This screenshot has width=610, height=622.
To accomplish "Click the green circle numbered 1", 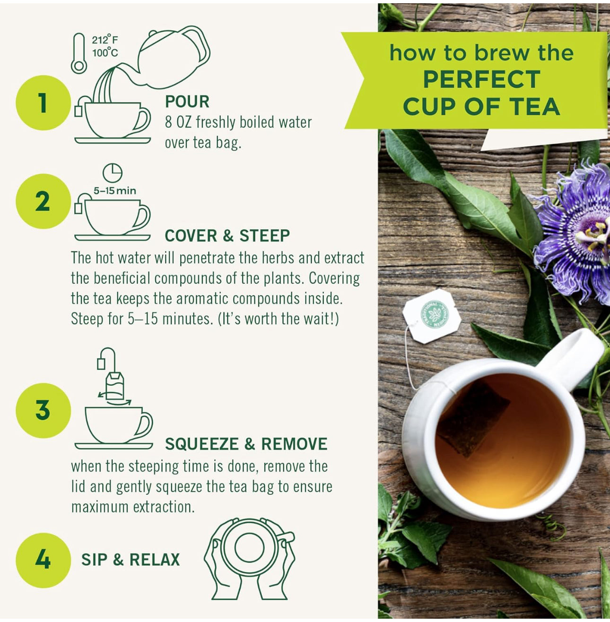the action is [x=43, y=103].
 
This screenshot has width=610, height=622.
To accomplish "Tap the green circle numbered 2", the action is [x=43, y=201].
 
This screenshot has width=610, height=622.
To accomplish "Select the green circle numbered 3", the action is [x=43, y=410].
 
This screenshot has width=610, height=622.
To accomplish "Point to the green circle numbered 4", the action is [x=43, y=560].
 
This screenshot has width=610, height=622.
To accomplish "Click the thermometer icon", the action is [x=79, y=53].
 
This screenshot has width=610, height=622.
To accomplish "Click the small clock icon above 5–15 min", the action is [x=113, y=173].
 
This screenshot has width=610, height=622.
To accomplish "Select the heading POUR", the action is [x=187, y=101].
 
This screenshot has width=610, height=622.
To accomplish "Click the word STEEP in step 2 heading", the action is [x=265, y=236].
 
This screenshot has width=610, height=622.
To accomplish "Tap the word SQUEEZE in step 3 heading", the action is [x=202, y=444].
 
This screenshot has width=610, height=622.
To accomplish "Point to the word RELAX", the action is [x=155, y=560].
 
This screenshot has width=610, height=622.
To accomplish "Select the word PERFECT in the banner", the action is [x=481, y=79].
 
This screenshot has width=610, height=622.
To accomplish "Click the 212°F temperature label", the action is [x=105, y=40].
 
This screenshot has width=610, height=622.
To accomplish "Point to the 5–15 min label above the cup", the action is [x=115, y=191].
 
